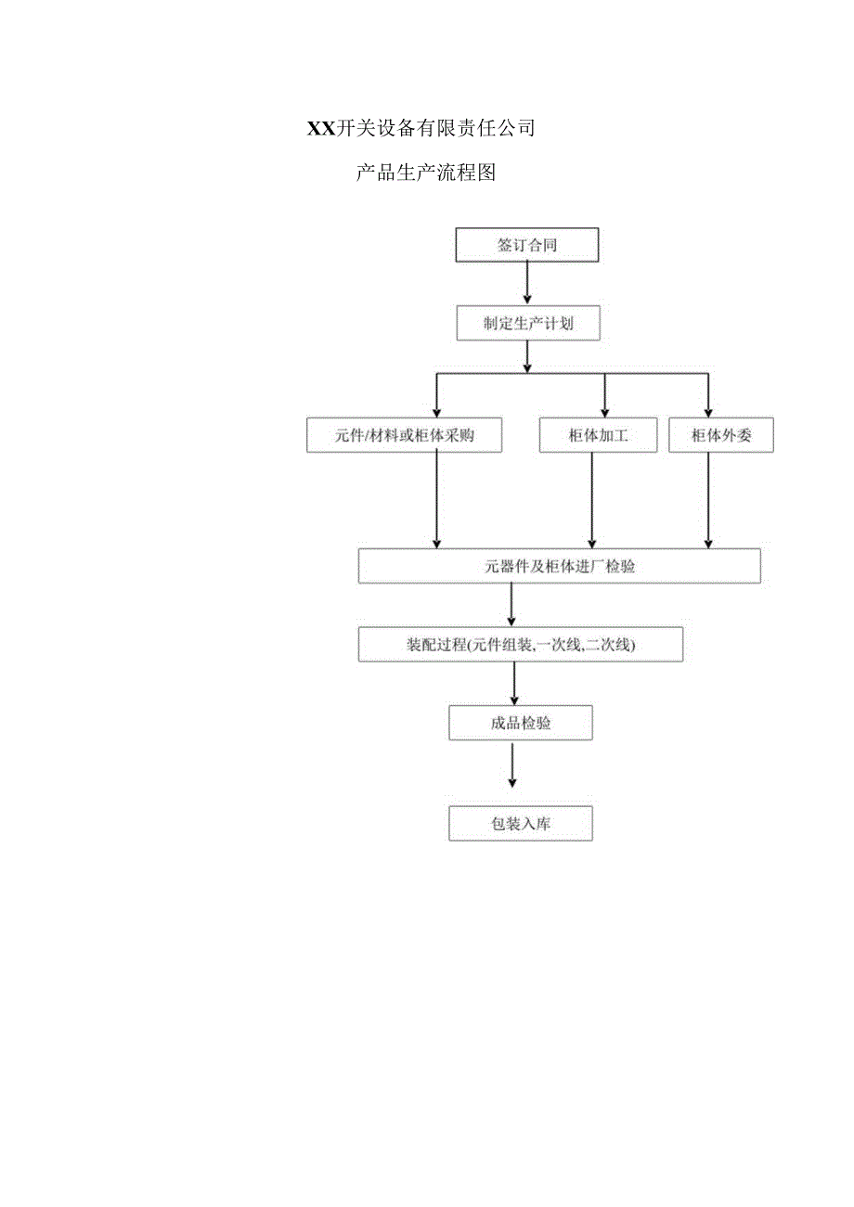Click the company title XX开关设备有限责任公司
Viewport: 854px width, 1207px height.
pyautogui.click(x=421, y=129)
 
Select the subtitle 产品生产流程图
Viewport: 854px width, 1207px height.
pyautogui.click(x=426, y=173)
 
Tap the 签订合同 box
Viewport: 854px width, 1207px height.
pyautogui.click(x=526, y=245)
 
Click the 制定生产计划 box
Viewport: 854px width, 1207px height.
pyautogui.click(x=527, y=324)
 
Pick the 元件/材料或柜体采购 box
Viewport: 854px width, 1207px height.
pyautogui.click(x=404, y=435)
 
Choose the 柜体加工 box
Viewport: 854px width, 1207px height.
pyautogui.click(x=598, y=435)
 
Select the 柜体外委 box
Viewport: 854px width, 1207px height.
pyautogui.click(x=720, y=435)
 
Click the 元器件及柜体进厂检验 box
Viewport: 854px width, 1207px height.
pyautogui.click(x=559, y=566)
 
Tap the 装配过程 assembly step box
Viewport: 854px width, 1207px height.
pyautogui.click(x=520, y=645)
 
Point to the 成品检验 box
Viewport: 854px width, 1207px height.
pyautogui.click(x=520, y=723)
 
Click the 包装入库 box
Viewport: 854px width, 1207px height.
pyautogui.click(x=520, y=823)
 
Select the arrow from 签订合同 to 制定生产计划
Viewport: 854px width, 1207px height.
pyautogui.click(x=527, y=284)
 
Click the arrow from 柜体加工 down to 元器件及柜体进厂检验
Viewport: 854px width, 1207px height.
pyautogui.click(x=592, y=500)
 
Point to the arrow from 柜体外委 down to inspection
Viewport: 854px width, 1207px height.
pyautogui.click(x=709, y=500)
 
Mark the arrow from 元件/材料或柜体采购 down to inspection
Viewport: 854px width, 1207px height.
pyautogui.click(x=438, y=500)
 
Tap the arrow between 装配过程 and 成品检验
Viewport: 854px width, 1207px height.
pyautogui.click(x=514, y=684)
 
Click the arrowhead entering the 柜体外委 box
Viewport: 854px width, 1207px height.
pyautogui.click(x=709, y=412)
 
